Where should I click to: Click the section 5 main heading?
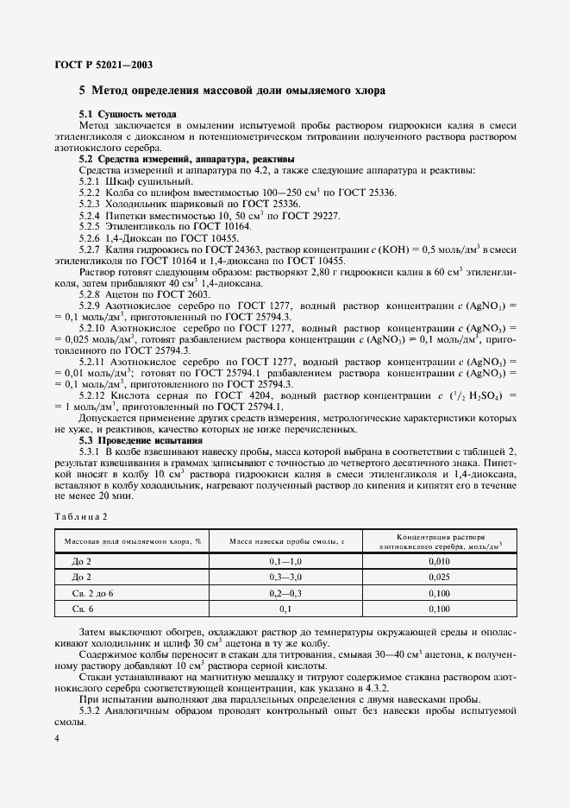tap(232, 91)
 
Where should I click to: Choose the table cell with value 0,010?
tap(439, 561)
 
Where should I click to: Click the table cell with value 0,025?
tap(439, 577)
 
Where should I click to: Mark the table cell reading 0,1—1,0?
tap(285, 561)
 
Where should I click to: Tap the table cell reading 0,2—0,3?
tap(285, 593)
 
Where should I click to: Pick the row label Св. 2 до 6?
tap(94, 593)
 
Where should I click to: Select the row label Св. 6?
tap(84, 609)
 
